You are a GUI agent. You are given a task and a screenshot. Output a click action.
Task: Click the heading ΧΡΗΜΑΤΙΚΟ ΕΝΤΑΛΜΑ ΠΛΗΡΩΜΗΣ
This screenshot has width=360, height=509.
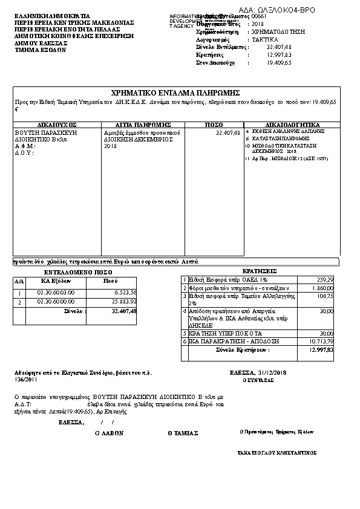176,92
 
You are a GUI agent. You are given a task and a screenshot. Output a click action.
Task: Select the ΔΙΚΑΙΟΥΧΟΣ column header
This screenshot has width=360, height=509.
56,124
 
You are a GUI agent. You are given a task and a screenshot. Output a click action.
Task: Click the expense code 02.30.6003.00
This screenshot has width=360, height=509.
56,292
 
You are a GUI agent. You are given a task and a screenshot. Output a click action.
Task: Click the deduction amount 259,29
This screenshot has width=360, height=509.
324,279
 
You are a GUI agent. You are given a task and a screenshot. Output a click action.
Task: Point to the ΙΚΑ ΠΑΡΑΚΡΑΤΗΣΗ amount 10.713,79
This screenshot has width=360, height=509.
322,342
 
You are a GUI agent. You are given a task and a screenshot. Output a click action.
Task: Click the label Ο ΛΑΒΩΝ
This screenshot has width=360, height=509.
110,433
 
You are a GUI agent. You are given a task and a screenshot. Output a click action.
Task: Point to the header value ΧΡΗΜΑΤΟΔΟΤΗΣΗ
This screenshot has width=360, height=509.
278,30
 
